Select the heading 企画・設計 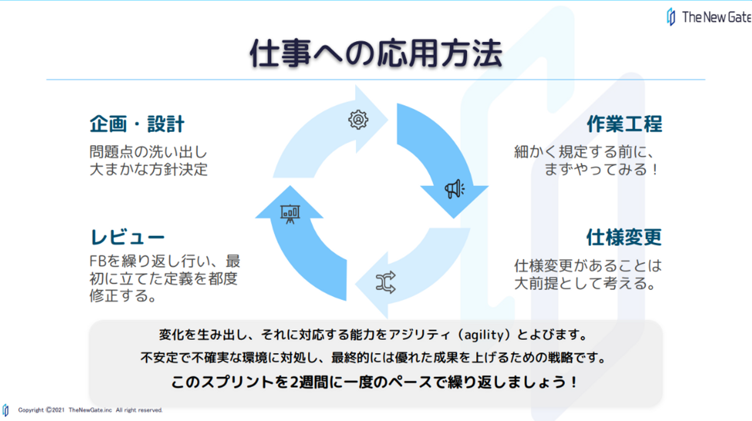click(x=137, y=124)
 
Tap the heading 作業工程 click(x=624, y=124)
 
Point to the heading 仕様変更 click(x=624, y=238)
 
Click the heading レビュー click(x=127, y=237)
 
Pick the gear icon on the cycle click(x=358, y=120)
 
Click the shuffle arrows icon click(x=385, y=282)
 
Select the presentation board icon click(x=290, y=213)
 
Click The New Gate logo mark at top click(x=671, y=17)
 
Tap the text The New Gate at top click(x=716, y=17)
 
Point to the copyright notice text click(x=90, y=410)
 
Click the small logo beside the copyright click(x=6, y=410)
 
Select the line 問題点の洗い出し click(x=148, y=153)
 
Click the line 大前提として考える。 click(x=585, y=284)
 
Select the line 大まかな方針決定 click(x=148, y=170)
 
